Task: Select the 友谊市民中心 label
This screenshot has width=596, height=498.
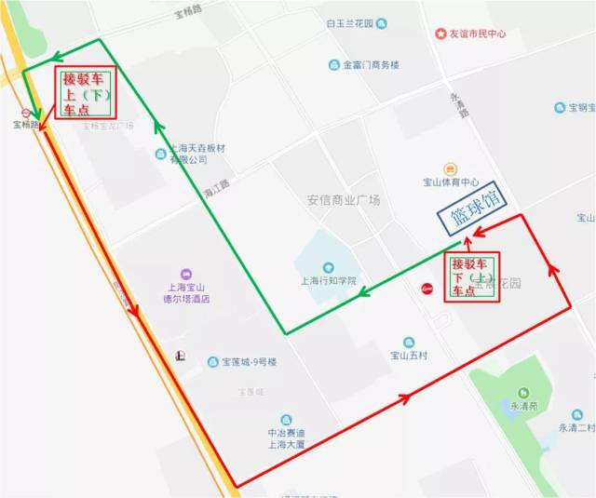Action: pos(477,34)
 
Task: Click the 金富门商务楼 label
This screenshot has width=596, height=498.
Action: pos(371,65)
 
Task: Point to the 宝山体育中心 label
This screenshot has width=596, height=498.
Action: pos(450,182)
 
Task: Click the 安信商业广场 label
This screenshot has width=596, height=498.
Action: pos(344,200)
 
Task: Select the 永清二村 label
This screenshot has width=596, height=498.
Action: pos(576,427)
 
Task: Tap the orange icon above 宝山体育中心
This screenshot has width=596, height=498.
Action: pos(451,168)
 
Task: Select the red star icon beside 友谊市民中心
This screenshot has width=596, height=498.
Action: pos(440,34)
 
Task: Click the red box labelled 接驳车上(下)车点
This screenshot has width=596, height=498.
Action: pos(87,94)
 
